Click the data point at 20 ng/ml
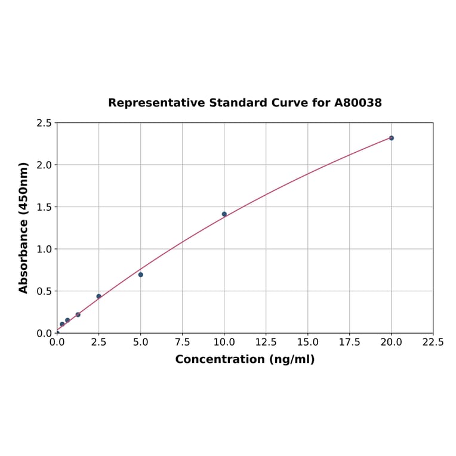[392, 138]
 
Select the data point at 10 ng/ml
[224, 214]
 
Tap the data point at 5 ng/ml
[141, 275]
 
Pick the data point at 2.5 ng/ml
[99, 296]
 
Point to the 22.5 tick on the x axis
[433, 342]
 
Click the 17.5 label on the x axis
[349, 342]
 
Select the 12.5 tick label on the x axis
[266, 342]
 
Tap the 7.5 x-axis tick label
[182, 342]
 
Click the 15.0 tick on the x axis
[307, 342]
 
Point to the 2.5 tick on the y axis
[44, 123]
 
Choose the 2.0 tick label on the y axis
[44, 165]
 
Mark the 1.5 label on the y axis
[44, 207]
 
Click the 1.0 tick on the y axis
[44, 249]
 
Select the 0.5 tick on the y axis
[44, 291]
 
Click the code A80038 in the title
[358, 103]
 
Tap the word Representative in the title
[157, 103]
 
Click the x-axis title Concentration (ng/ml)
[245, 359]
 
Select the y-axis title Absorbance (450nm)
[24, 227]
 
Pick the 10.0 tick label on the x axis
[224, 342]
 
